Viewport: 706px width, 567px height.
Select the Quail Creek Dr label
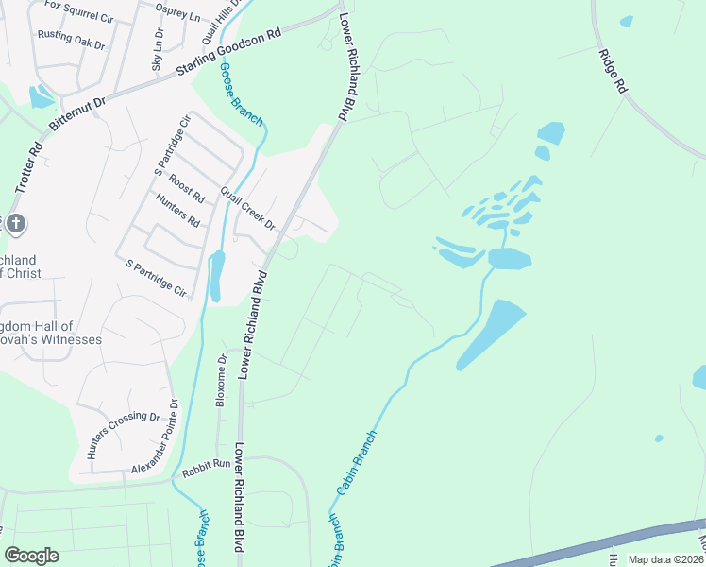246,209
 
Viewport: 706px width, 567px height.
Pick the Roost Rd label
187,189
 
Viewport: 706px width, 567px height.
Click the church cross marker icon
16,225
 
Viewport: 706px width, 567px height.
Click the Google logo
31,556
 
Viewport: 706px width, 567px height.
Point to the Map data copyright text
665,559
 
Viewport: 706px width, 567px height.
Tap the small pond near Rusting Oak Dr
42,96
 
